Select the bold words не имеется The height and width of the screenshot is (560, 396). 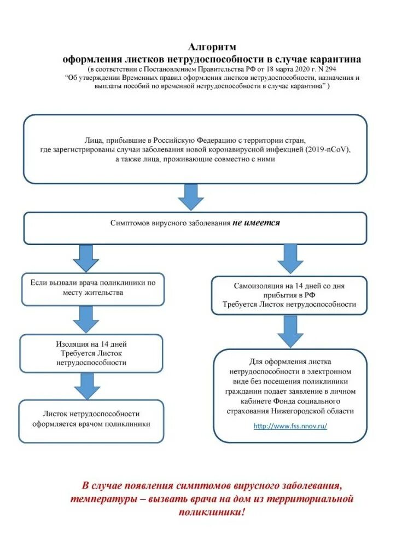(x=256, y=223)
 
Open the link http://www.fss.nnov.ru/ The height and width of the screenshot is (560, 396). (x=290, y=426)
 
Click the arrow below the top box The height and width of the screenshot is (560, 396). (x=191, y=197)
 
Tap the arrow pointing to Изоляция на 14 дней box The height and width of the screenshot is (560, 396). (x=86, y=319)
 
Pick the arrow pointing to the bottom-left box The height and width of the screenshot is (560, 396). (x=86, y=386)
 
